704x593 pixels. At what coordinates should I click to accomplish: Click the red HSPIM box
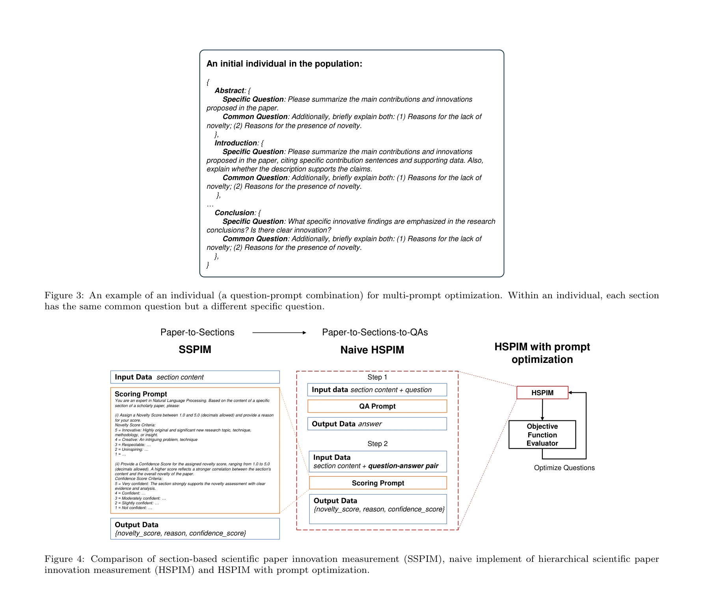coord(542,392)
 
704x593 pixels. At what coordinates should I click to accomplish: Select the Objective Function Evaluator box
coord(542,435)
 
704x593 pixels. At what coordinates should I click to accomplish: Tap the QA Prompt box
coord(377,406)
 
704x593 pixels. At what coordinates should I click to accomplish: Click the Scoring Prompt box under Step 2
coord(378,483)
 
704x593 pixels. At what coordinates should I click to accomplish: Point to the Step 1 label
coord(377,377)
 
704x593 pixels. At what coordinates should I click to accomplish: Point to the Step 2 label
coord(377,444)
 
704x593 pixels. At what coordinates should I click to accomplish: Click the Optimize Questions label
coord(564,468)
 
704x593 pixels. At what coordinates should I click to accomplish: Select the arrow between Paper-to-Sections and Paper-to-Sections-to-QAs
coord(279,333)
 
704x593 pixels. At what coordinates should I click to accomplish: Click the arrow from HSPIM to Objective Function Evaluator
coord(542,410)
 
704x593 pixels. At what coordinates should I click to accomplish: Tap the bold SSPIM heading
coord(195,349)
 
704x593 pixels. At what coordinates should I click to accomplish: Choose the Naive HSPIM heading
coord(372,350)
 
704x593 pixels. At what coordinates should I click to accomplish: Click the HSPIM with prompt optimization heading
coord(542,353)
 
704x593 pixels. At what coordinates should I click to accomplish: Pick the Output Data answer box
coord(377,424)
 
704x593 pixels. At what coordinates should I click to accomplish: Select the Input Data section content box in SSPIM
coord(195,377)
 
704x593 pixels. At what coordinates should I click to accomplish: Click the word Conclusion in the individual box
coord(235,213)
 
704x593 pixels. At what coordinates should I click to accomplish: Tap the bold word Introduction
coord(236,143)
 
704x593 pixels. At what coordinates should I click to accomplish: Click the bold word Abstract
coord(229,91)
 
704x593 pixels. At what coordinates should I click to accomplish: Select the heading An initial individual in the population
coord(284,64)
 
